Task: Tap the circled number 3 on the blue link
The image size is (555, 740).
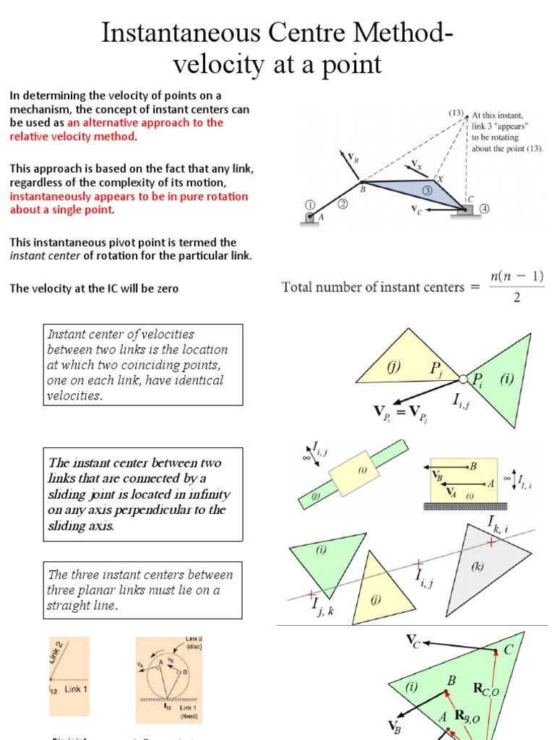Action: (x=428, y=190)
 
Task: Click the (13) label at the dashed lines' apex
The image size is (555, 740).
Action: (x=456, y=113)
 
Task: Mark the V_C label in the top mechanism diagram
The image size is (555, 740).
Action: (x=416, y=210)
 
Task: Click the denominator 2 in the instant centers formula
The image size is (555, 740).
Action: (x=516, y=298)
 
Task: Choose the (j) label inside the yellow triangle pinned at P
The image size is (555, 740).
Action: (x=393, y=366)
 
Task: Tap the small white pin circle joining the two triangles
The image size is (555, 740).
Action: (x=463, y=378)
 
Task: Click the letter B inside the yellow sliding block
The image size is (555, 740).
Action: (x=473, y=466)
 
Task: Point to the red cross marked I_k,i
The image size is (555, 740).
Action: (x=491, y=541)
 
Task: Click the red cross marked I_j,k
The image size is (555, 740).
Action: (x=311, y=595)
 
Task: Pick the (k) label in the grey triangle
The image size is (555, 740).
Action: (x=478, y=567)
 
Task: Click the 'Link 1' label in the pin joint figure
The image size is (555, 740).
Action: (x=77, y=689)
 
